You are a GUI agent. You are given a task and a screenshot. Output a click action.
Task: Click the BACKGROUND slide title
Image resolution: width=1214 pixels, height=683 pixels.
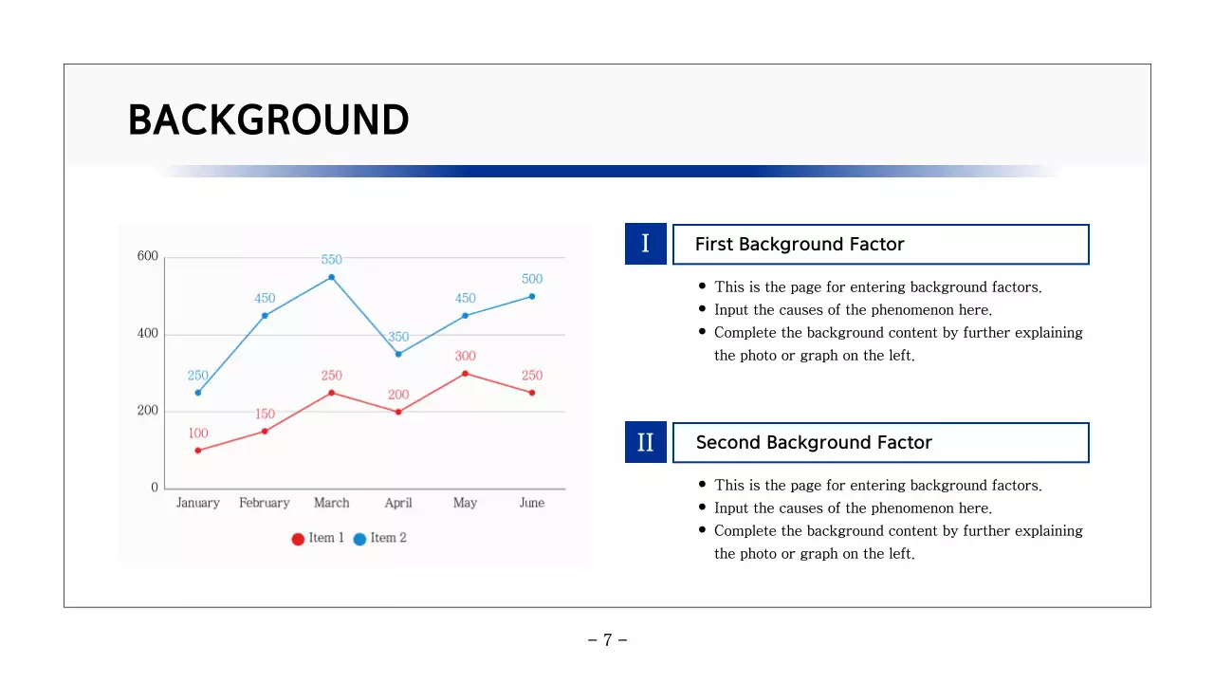pyautogui.click(x=268, y=120)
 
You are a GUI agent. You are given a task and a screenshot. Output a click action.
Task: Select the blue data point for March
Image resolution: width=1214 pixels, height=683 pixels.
pyautogui.click(x=331, y=277)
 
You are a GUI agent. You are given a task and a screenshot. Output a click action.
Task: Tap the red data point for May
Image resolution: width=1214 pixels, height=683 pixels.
pyautogui.click(x=465, y=373)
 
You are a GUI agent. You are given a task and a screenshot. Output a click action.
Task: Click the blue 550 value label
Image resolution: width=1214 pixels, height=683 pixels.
pyautogui.click(x=331, y=259)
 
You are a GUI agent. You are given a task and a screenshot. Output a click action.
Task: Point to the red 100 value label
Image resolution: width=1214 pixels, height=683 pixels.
pyautogui.click(x=197, y=434)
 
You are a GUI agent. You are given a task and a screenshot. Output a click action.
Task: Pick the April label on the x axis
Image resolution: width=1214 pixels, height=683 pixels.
pyautogui.click(x=398, y=503)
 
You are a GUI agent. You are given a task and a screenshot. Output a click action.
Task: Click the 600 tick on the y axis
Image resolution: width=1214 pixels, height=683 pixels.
pyautogui.click(x=148, y=256)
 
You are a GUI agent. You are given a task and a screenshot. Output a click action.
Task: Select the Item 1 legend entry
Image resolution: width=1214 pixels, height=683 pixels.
pyautogui.click(x=318, y=538)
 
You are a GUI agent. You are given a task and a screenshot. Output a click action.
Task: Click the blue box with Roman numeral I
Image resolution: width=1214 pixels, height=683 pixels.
pyautogui.click(x=646, y=244)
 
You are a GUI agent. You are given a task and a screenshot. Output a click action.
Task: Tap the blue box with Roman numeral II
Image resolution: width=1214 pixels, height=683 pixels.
pyautogui.click(x=646, y=442)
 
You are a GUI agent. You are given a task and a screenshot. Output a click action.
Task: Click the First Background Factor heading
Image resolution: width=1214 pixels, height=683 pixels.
pyautogui.click(x=800, y=245)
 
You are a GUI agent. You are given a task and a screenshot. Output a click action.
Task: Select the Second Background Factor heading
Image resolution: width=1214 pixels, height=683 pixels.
pyautogui.click(x=814, y=443)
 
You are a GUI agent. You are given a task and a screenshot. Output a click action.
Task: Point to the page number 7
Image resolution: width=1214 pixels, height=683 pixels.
pyautogui.click(x=607, y=640)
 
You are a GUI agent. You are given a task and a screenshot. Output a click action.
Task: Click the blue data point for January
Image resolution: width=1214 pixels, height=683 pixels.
pyautogui.click(x=197, y=393)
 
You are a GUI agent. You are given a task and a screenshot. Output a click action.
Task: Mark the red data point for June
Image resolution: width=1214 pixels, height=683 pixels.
pyautogui.click(x=532, y=393)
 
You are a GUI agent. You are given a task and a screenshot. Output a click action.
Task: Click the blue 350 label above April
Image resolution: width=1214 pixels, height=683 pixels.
pyautogui.click(x=398, y=337)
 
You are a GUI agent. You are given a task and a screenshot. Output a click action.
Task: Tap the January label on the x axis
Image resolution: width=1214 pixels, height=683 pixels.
pyautogui.click(x=197, y=503)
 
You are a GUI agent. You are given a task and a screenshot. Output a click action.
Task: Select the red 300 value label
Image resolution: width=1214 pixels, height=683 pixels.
pyautogui.click(x=465, y=356)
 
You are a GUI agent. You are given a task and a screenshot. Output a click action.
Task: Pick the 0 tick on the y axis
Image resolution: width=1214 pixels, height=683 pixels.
pyautogui.click(x=155, y=488)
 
